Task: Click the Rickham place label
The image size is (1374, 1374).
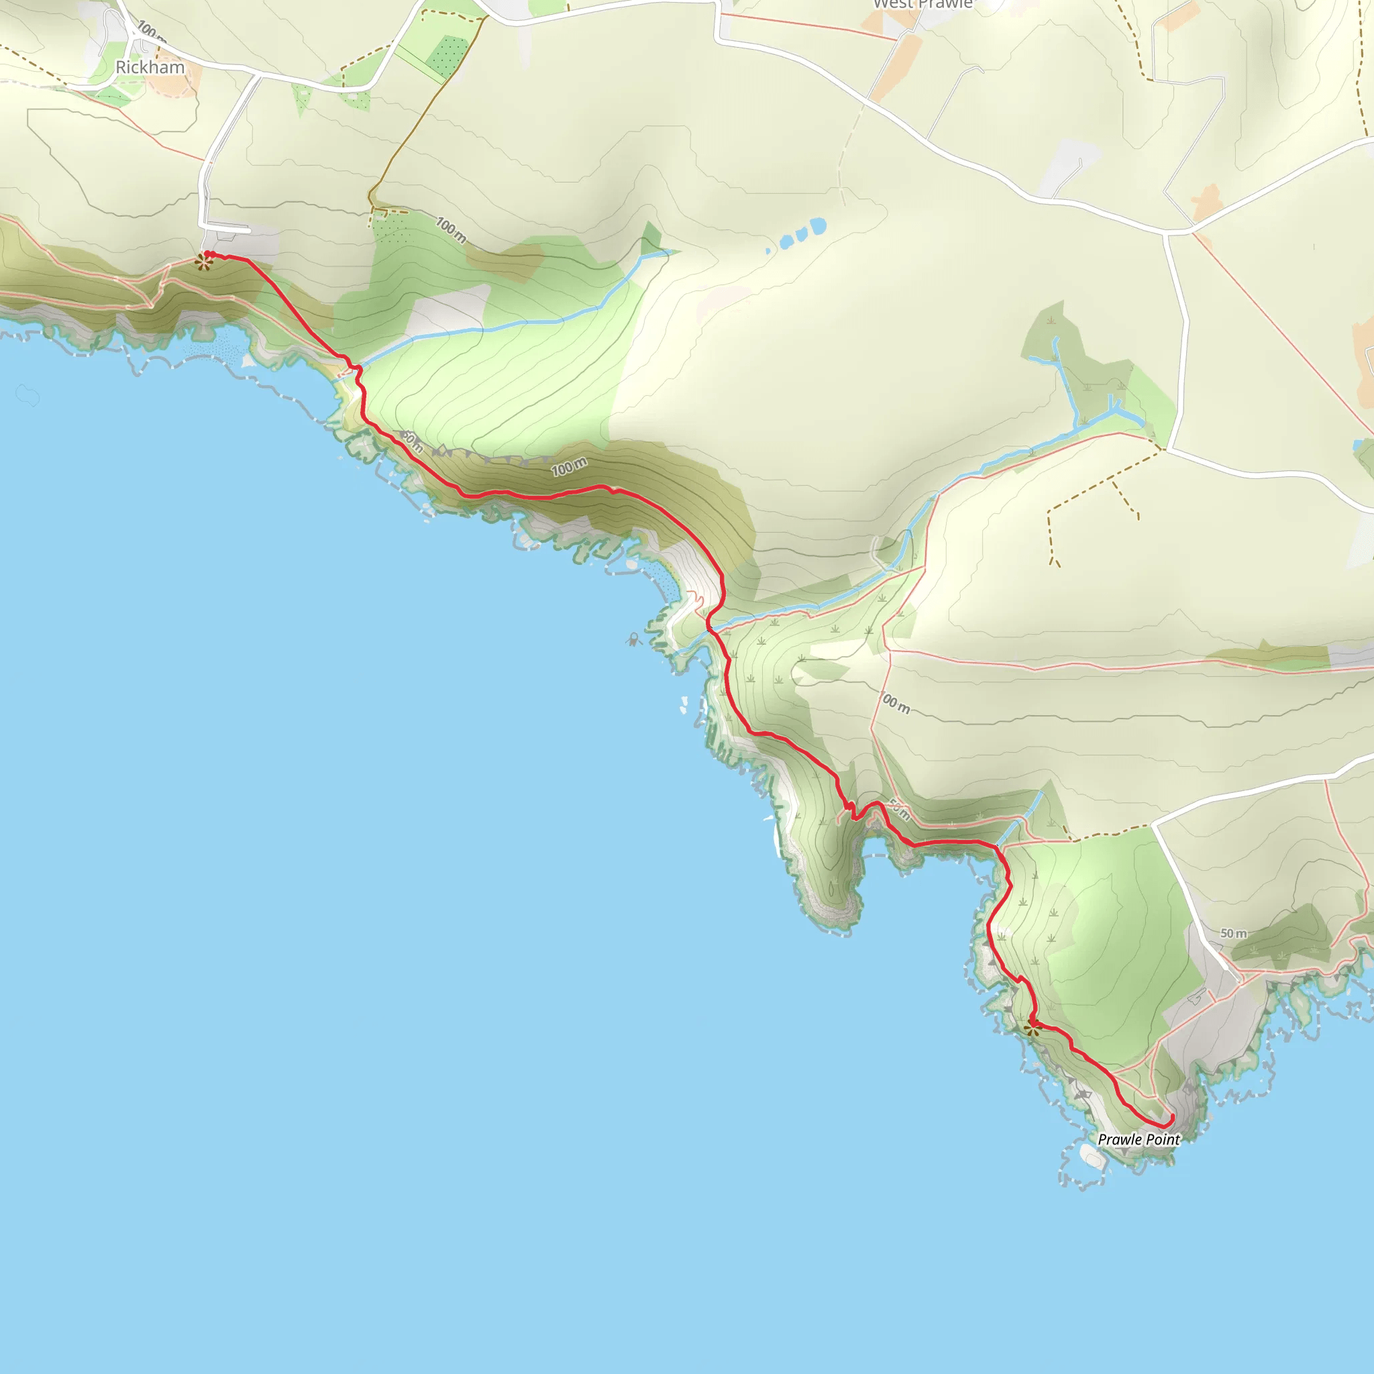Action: click(150, 68)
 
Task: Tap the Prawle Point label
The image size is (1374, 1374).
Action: click(1139, 1140)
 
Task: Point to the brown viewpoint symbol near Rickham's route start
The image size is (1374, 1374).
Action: click(203, 262)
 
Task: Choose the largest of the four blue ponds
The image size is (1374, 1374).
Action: click(818, 226)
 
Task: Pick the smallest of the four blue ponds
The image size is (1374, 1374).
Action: click(768, 251)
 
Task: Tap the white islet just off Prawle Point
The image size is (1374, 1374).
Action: click(1092, 1159)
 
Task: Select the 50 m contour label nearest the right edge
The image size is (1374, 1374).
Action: click(1233, 933)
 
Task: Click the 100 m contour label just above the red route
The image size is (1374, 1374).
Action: click(569, 467)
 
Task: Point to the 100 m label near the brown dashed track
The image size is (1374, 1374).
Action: click(451, 229)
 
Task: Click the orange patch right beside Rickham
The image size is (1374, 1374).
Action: click(173, 83)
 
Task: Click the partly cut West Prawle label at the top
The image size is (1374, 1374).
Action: click(922, 4)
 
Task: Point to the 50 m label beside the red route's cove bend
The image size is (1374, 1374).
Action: click(899, 810)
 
